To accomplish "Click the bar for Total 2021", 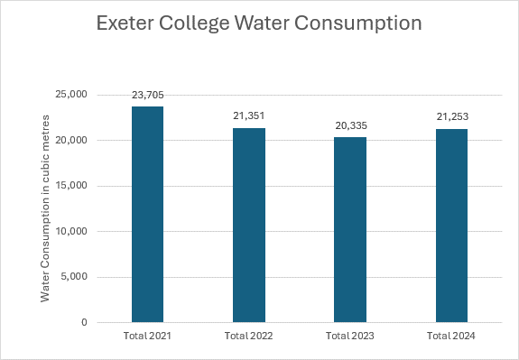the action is point(148,215).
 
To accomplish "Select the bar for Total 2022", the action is point(249,225).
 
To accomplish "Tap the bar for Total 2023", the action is point(350,230).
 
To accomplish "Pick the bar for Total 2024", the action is point(451,226).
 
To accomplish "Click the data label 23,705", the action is point(148,96).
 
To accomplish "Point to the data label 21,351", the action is point(249,115).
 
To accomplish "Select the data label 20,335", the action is point(351,125).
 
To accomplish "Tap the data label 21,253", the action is point(452,116).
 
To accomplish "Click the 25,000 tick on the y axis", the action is point(70,95).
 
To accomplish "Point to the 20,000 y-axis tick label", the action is point(70,140).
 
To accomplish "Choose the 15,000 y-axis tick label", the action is point(71,186).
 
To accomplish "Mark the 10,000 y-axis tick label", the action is point(71,231).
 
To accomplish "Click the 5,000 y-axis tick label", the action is point(74,276).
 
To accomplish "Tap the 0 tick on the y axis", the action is point(84,322).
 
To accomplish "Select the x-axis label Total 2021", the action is point(147,336).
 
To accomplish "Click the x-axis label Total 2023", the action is point(350,336).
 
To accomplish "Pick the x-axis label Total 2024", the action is point(450,336).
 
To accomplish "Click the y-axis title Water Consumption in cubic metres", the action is point(45,208).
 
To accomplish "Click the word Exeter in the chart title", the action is point(124,23).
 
